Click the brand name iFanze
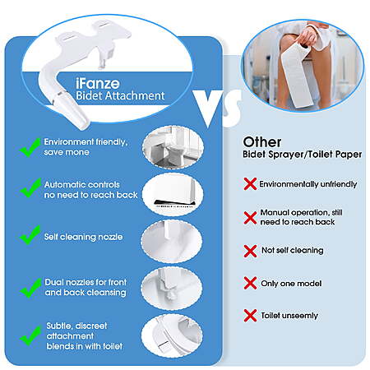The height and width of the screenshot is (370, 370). tap(98, 83)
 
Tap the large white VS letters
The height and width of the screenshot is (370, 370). tap(217, 108)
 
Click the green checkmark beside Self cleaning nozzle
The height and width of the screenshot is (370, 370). tap(30, 235)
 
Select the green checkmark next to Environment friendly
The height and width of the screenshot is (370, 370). tap(30, 147)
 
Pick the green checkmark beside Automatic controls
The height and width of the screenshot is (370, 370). tap(30, 188)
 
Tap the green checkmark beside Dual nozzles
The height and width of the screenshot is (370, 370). tap(30, 288)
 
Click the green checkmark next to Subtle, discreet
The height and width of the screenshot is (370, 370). tap(30, 336)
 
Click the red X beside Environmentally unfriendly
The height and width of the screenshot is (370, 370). tap(250, 183)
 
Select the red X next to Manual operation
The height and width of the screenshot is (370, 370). tap(250, 218)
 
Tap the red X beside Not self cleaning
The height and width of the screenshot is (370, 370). tap(250, 251)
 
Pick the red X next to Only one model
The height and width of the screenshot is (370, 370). tap(250, 283)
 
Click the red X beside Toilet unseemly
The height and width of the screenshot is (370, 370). tap(250, 316)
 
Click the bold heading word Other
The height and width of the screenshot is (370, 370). tap(262, 142)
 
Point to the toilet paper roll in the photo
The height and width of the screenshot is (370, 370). tap(297, 76)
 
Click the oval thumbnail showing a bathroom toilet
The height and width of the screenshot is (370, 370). tap(173, 147)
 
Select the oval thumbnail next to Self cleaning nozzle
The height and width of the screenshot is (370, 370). tap(172, 242)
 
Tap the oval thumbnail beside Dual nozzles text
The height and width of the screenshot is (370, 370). tap(172, 289)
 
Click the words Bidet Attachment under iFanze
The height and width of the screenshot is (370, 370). tap(120, 95)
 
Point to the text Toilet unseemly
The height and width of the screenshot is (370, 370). tap(289, 316)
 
